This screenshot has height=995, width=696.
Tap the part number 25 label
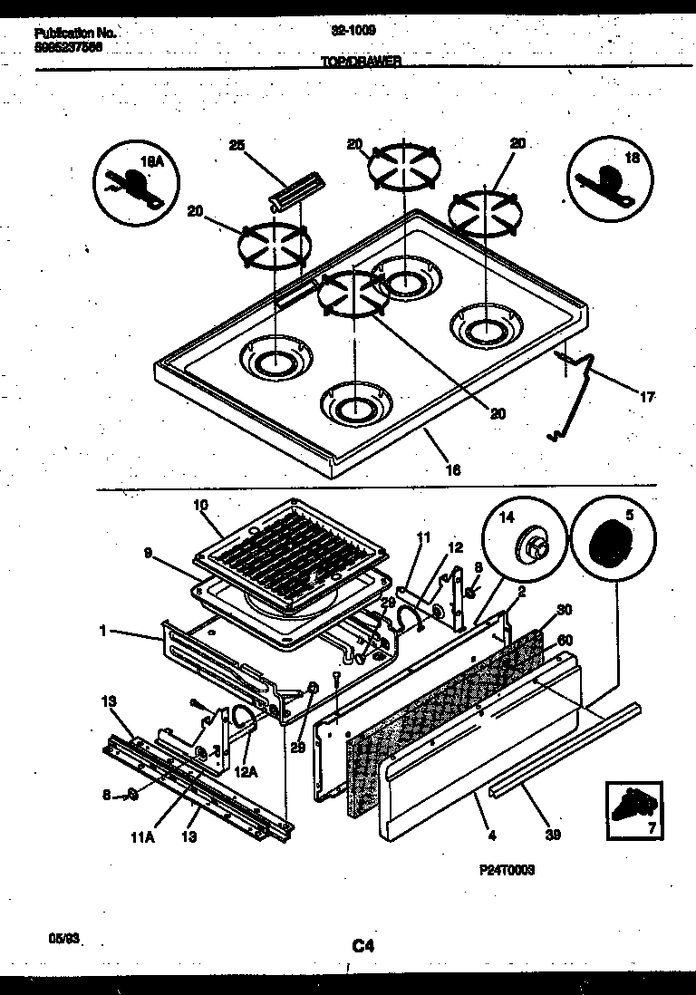[x=237, y=146]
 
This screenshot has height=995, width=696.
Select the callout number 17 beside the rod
[x=648, y=396]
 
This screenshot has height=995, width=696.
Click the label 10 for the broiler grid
[x=200, y=504]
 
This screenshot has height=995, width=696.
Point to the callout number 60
[x=565, y=641]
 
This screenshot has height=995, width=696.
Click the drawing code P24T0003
[x=507, y=869]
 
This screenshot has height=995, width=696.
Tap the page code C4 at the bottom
[x=362, y=946]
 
